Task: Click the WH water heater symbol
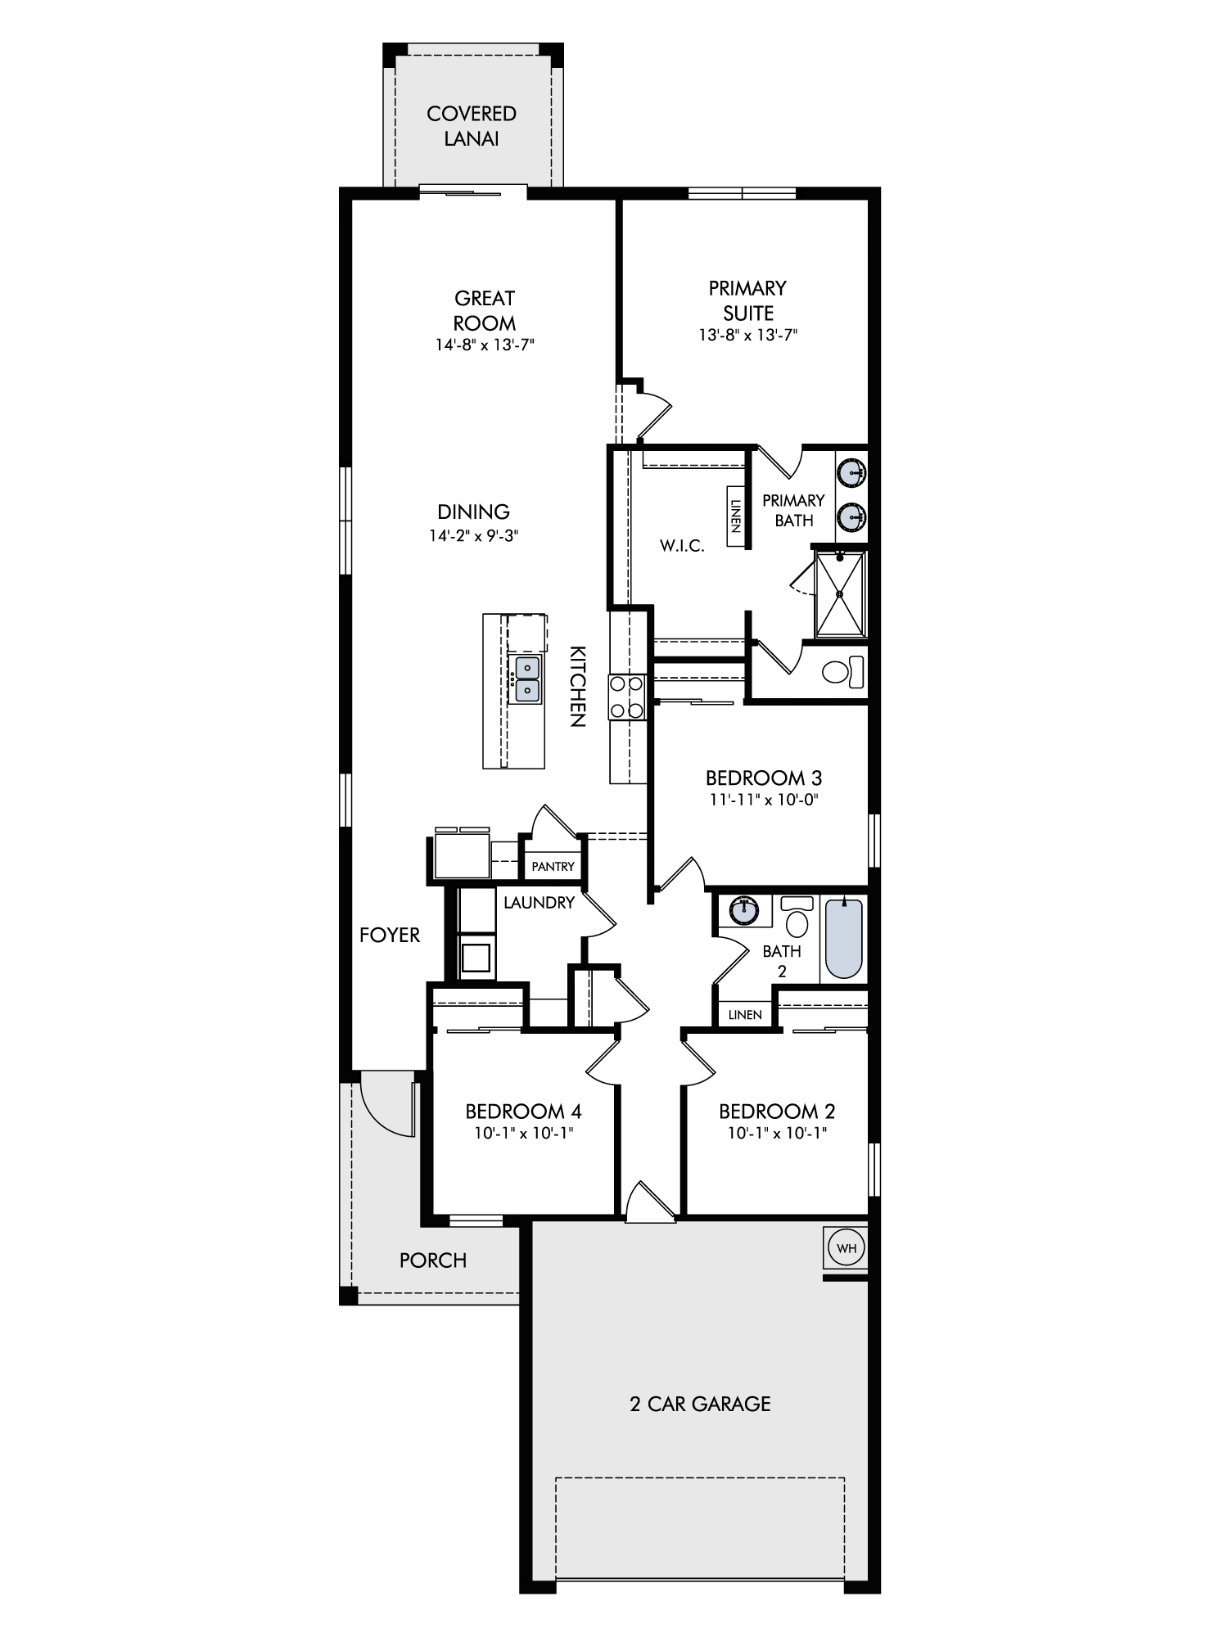click(847, 1248)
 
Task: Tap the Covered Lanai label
click(472, 126)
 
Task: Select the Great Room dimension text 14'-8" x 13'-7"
click(485, 345)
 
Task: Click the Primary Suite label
click(748, 300)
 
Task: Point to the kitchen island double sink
click(524, 679)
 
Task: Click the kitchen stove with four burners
click(627, 697)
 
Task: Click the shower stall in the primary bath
click(840, 594)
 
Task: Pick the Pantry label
click(553, 867)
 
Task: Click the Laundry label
click(539, 903)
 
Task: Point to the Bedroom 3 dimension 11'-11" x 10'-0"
click(764, 800)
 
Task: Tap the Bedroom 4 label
click(523, 1112)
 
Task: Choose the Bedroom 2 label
click(777, 1112)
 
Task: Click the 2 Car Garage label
click(700, 1404)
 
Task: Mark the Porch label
click(433, 1260)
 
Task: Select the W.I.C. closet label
click(682, 546)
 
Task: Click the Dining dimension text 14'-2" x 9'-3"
click(474, 536)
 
